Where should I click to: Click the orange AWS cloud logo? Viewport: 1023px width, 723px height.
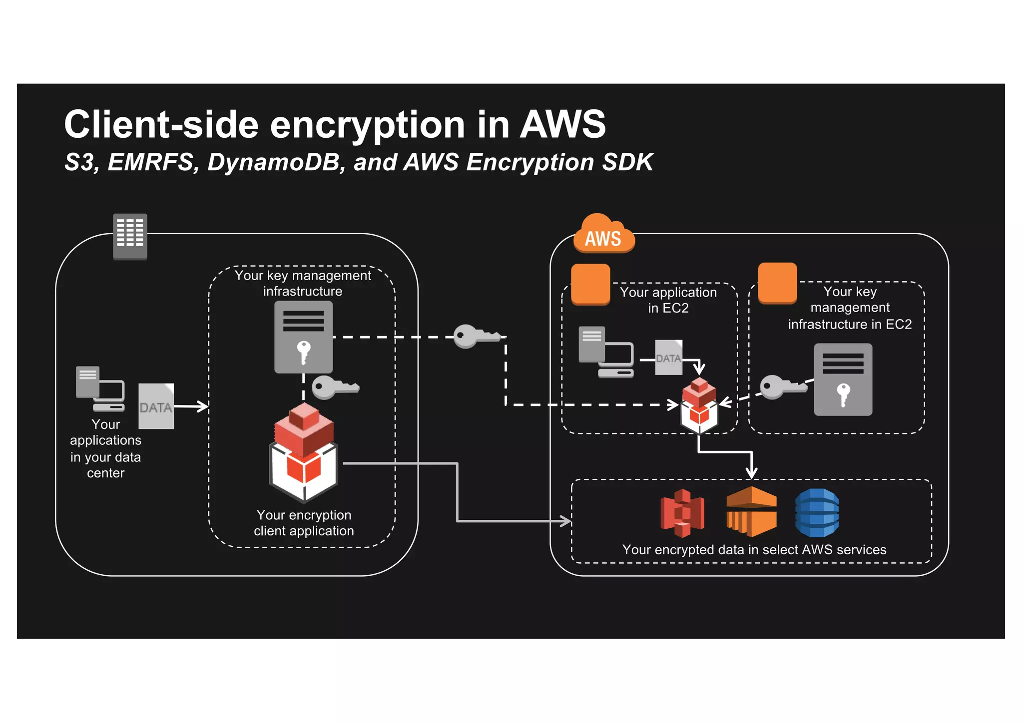coord(603,235)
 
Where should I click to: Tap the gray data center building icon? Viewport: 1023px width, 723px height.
coord(130,236)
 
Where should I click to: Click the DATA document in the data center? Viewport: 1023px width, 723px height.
coord(156,406)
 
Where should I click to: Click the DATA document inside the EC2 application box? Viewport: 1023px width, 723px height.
coord(668,358)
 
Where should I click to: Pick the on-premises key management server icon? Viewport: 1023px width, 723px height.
coord(303,337)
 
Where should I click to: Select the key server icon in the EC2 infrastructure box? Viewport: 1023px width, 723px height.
coord(843,379)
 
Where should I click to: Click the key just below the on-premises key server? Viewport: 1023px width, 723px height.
coord(334,387)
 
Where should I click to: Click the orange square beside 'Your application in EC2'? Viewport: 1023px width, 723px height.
coord(590,284)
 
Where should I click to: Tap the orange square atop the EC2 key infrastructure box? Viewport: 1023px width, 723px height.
coord(777,283)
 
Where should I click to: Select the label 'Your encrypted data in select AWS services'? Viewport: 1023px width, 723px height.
coord(754,550)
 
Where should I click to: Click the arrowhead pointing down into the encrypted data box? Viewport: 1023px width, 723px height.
coord(751,472)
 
